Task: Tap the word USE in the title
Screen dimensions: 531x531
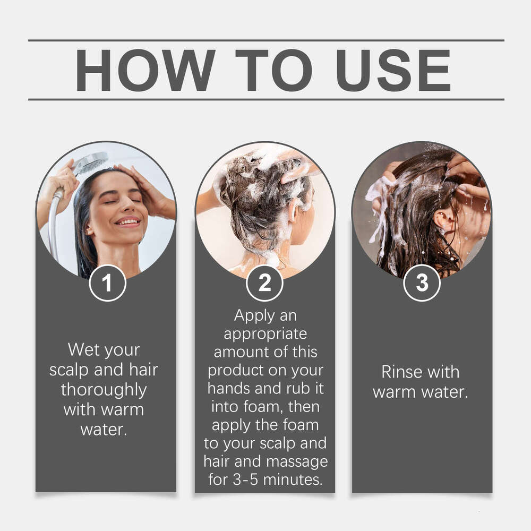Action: (x=393, y=70)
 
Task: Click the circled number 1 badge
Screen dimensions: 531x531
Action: (x=107, y=283)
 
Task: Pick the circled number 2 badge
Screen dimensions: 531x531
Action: (x=264, y=283)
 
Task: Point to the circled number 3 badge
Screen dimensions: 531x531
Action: (x=422, y=283)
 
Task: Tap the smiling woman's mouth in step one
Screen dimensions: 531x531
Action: (x=127, y=222)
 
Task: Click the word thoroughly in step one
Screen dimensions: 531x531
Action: (x=104, y=390)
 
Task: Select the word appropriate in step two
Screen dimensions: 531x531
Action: (x=265, y=335)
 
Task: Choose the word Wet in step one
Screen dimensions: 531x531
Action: (x=80, y=349)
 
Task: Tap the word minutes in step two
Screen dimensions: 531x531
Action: (x=293, y=479)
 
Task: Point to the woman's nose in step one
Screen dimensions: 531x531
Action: (x=126, y=205)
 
